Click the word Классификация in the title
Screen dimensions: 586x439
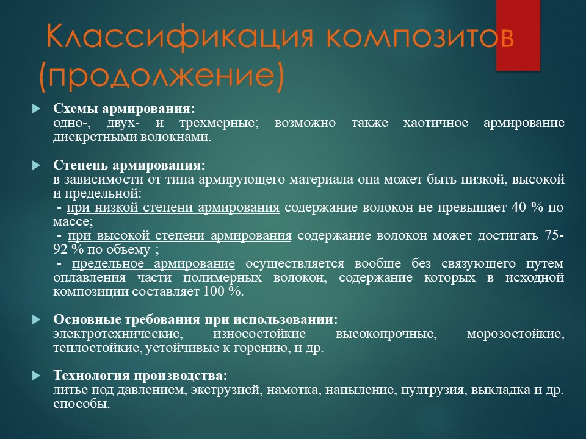(179, 37)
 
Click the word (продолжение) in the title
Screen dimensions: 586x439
(161, 76)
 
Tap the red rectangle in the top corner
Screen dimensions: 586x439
(518, 35)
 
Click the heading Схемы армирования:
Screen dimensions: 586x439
(124, 109)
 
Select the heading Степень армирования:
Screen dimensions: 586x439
(129, 165)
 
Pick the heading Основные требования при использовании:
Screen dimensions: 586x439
(195, 319)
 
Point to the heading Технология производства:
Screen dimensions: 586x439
(140, 375)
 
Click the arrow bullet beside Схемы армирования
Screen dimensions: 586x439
(36, 109)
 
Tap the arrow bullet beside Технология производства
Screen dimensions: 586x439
(36, 376)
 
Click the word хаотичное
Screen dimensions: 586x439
(436, 123)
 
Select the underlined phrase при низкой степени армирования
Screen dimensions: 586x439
(173, 207)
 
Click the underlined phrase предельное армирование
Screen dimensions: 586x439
(153, 264)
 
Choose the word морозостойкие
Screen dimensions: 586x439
(515, 334)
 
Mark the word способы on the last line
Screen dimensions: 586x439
(81, 404)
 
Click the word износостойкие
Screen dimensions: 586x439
(259, 334)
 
